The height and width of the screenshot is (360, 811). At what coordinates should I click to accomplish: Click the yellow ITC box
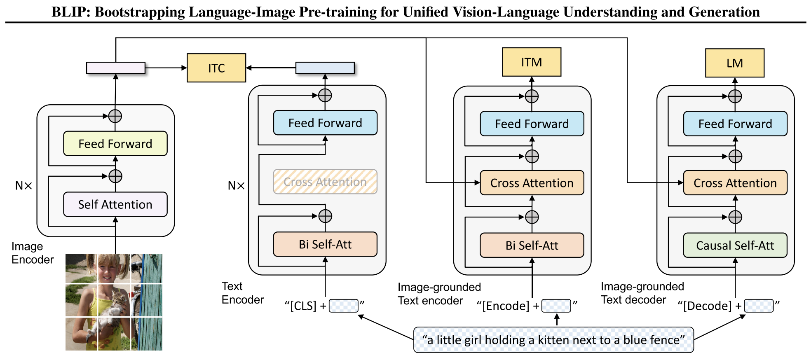click(216, 68)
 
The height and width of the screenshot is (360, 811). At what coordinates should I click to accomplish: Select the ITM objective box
click(531, 62)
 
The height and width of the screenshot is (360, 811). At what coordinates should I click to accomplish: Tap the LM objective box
click(734, 63)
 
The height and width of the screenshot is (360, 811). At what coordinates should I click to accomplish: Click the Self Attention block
click(115, 204)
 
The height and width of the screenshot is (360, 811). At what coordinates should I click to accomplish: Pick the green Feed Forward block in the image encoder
click(115, 144)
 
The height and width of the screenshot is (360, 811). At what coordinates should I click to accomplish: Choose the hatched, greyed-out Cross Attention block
click(325, 182)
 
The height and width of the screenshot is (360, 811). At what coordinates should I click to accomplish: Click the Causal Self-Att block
click(735, 245)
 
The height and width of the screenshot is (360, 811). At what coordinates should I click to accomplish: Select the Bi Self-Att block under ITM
click(532, 245)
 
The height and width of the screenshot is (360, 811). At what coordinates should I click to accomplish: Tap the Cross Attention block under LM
click(735, 183)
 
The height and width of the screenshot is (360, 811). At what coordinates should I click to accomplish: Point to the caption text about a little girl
click(553, 340)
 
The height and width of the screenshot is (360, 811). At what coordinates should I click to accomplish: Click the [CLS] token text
click(303, 306)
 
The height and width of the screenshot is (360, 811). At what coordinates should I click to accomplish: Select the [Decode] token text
click(707, 306)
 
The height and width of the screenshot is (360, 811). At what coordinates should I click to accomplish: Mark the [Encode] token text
click(506, 306)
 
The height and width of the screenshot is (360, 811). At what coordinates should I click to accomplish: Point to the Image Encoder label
click(32, 253)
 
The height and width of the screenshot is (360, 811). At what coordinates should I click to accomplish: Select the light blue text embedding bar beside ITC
click(325, 68)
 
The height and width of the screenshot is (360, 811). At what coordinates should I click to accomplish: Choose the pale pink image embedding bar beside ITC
click(115, 68)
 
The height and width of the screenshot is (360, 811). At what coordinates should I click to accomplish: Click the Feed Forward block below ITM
click(532, 124)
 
